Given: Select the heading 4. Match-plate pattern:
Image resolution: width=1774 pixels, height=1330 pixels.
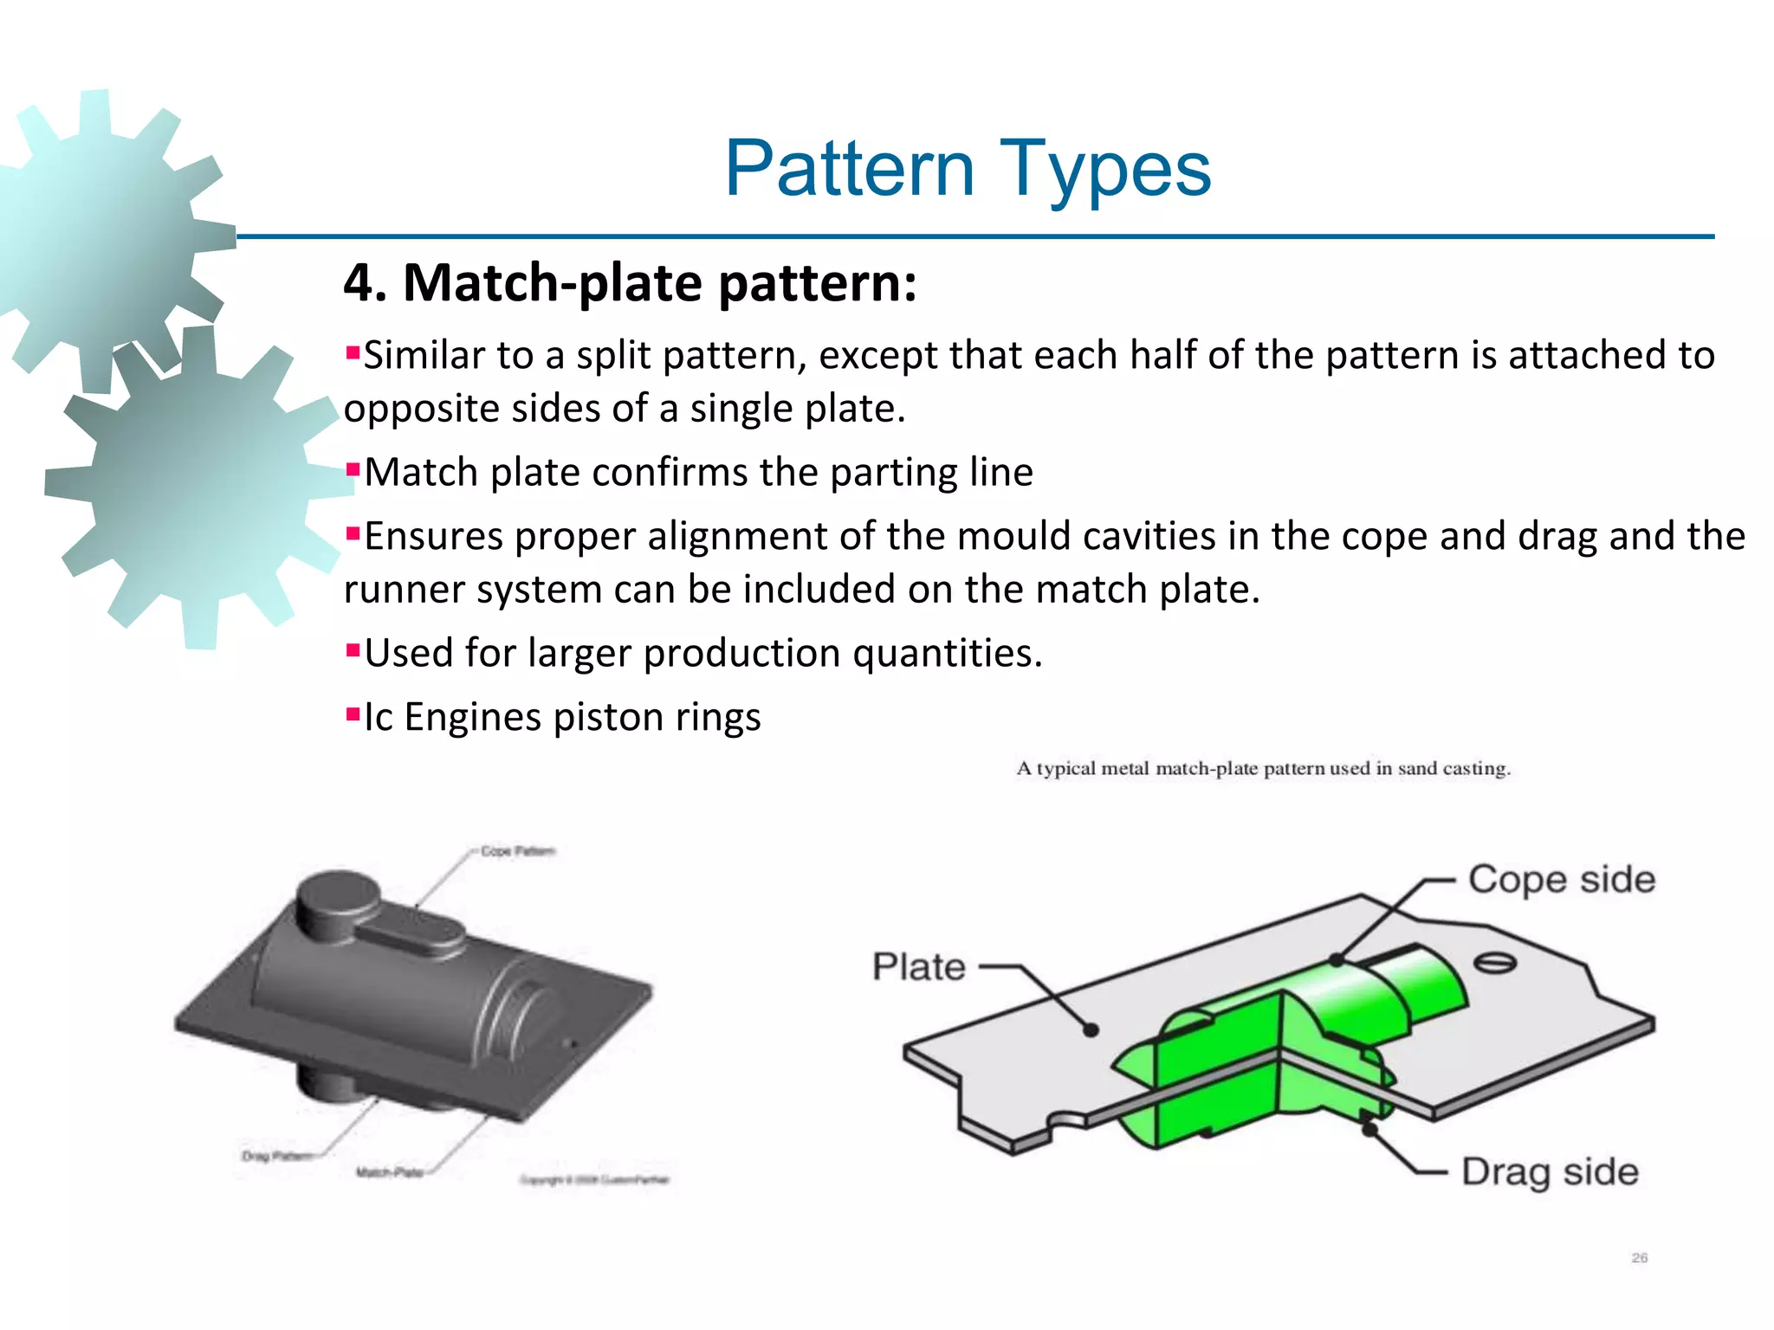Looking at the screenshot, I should (x=630, y=283).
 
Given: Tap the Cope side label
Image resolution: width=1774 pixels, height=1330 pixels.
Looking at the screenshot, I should (x=1561, y=880).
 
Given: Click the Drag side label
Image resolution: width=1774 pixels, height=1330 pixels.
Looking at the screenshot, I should (x=1550, y=1172).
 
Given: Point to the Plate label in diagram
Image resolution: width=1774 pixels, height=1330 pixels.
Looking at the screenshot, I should (x=918, y=967).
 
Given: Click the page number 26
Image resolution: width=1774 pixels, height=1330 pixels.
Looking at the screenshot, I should (x=1639, y=1257).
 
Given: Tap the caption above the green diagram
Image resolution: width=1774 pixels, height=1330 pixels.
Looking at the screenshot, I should (x=1263, y=769).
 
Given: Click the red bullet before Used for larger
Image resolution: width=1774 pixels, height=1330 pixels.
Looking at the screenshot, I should (x=353, y=649).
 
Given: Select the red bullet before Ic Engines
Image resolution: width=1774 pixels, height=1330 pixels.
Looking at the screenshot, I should (x=353, y=714).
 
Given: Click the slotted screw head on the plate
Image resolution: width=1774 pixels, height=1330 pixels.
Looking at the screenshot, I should (x=1494, y=963).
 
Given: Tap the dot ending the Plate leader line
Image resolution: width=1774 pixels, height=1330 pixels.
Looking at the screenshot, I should (x=1091, y=1030).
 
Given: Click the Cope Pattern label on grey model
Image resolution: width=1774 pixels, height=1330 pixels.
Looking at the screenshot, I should (x=517, y=851).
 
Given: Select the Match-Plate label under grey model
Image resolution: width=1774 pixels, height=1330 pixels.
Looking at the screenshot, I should (x=389, y=1172).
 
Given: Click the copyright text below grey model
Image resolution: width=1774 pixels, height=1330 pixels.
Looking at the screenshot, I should (x=594, y=1179).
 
